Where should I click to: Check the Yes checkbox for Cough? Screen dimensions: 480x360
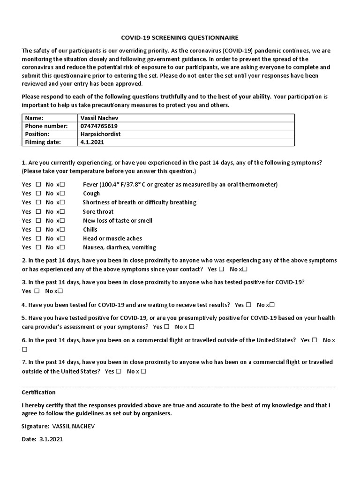click(x=38, y=194)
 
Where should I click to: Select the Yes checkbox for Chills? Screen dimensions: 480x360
click(x=38, y=230)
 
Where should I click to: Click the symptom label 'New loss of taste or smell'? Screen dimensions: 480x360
click(x=118, y=221)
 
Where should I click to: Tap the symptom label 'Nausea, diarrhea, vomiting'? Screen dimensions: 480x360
click(x=120, y=247)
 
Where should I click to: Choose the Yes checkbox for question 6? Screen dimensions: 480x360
click(x=315, y=340)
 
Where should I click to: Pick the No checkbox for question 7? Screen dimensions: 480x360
click(x=143, y=371)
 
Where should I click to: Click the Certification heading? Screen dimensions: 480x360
click(x=38, y=392)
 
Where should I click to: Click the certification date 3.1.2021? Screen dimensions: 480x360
click(x=51, y=440)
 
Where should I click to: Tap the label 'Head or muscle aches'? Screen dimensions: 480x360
click(x=112, y=239)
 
